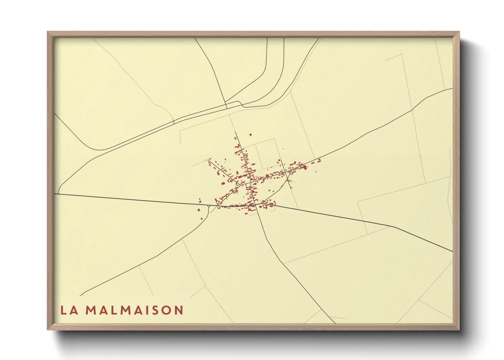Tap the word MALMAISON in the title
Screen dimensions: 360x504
click(134, 310)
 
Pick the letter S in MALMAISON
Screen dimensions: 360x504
click(155, 310)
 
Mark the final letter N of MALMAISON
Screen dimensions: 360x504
click(179, 310)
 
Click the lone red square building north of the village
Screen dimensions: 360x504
click(251, 135)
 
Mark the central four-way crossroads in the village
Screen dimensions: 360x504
click(251, 182)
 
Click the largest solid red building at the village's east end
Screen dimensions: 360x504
click(305, 167)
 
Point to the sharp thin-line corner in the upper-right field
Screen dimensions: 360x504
click(403, 54)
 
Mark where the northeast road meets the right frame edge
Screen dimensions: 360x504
click(453, 89)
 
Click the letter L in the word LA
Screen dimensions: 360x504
click(64, 310)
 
